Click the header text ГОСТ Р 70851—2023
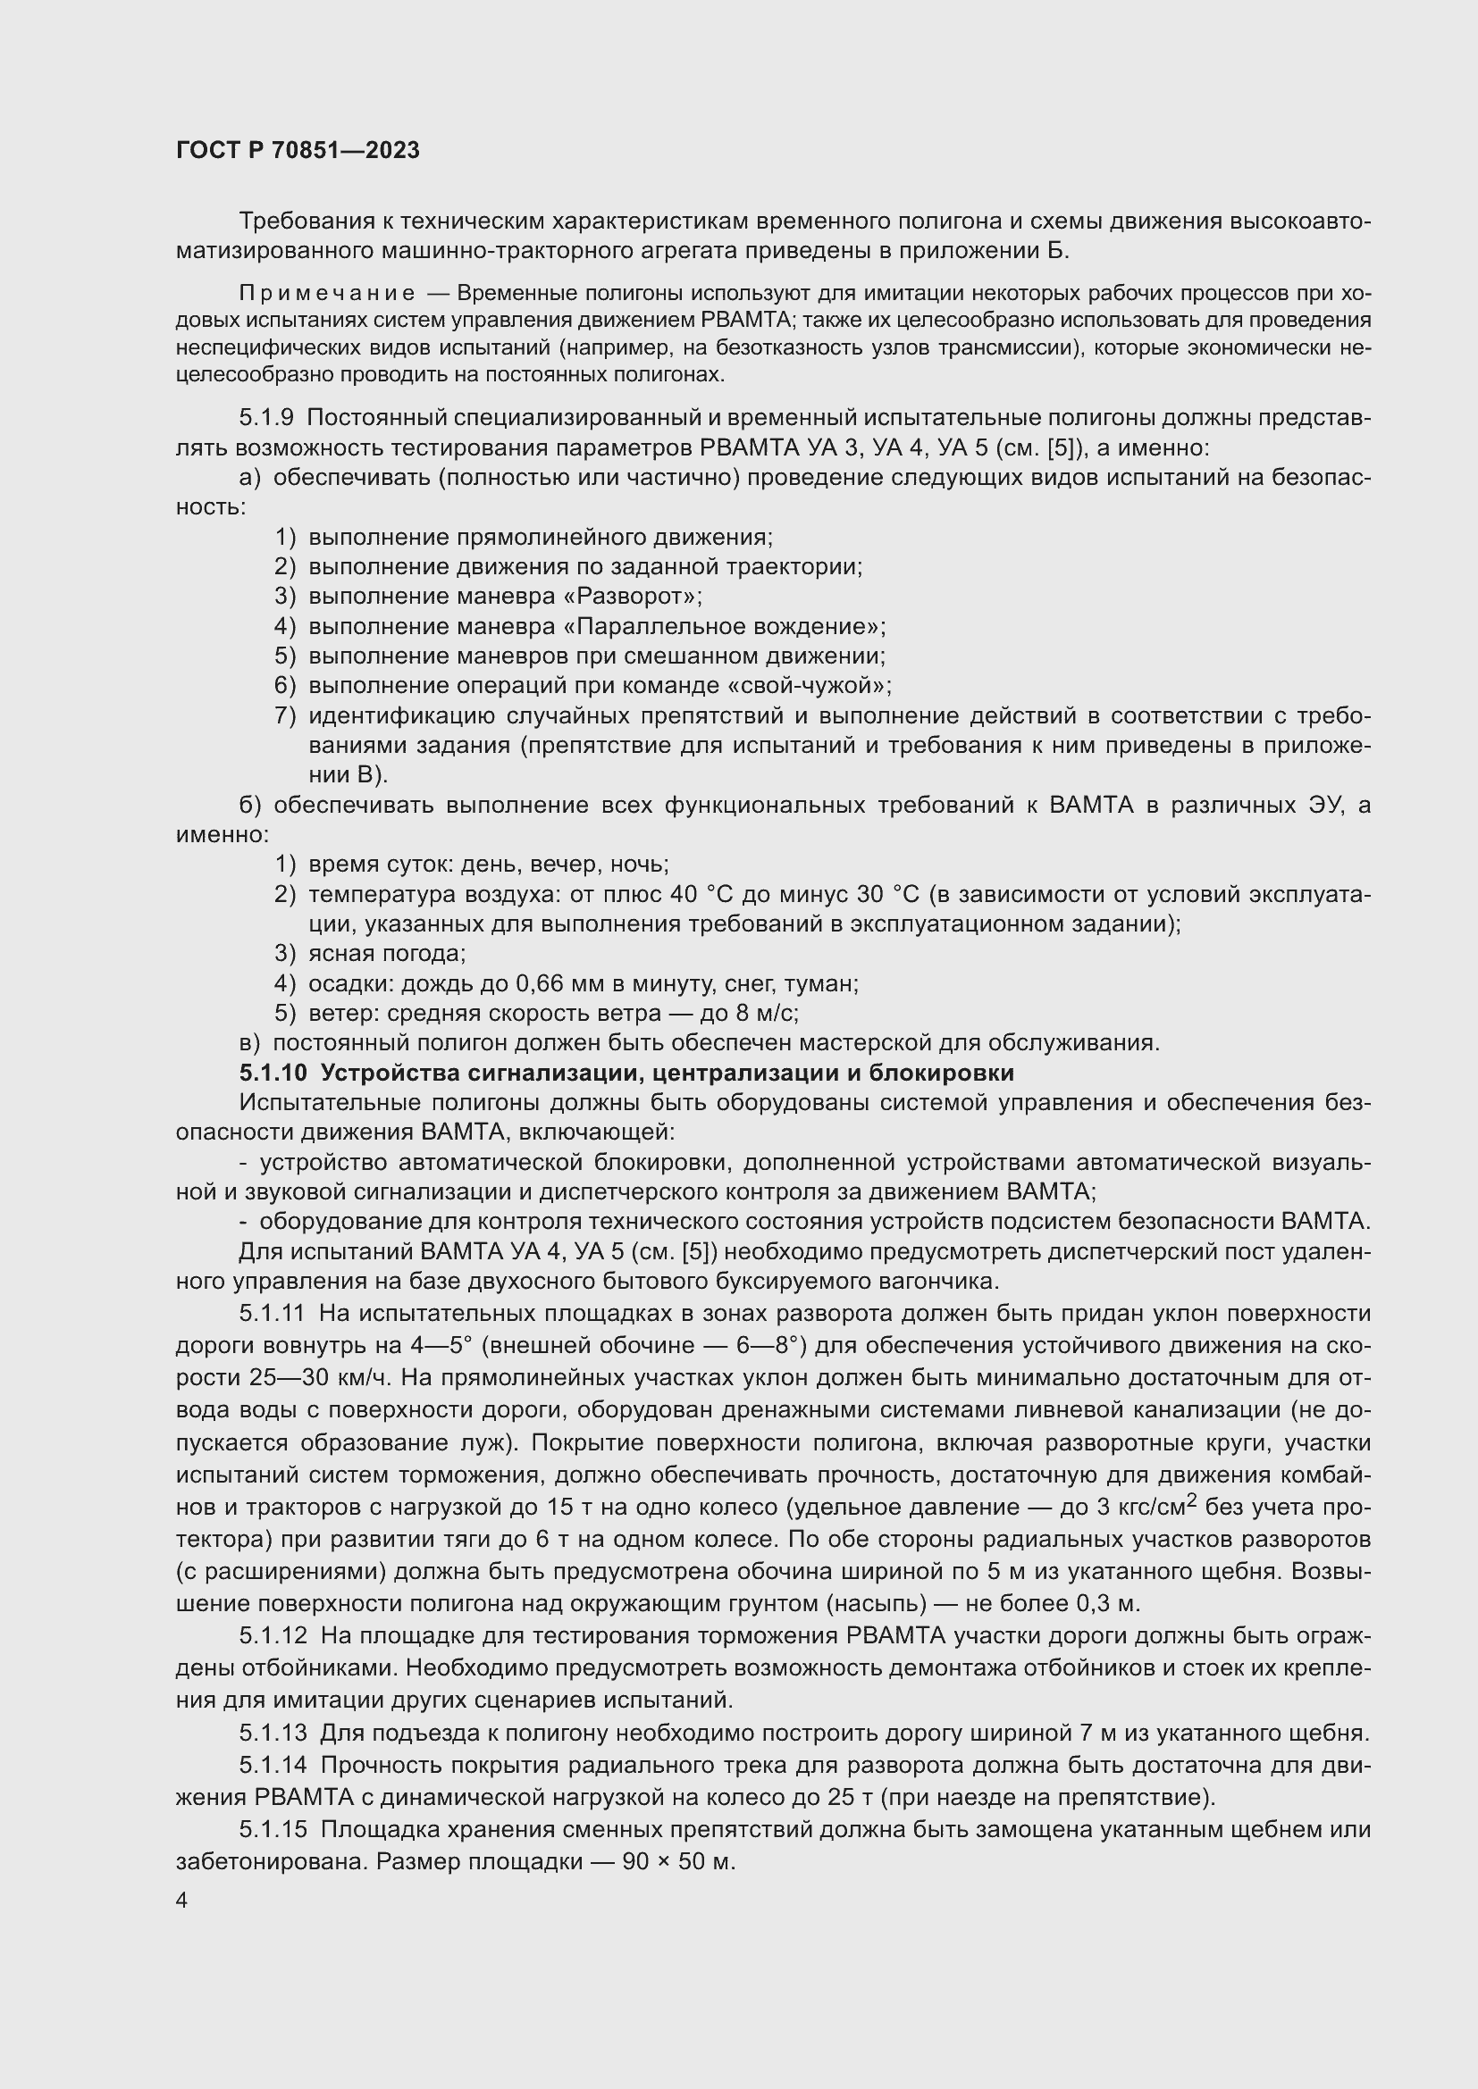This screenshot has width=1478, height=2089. coord(298,151)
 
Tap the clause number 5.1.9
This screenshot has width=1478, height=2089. coord(266,418)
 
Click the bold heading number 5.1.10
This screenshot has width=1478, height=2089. coord(273,1074)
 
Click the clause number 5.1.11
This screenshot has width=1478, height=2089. coord(273,1314)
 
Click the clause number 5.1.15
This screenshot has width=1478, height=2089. coord(273,1830)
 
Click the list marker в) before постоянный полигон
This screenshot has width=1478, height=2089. coord(248,1043)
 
